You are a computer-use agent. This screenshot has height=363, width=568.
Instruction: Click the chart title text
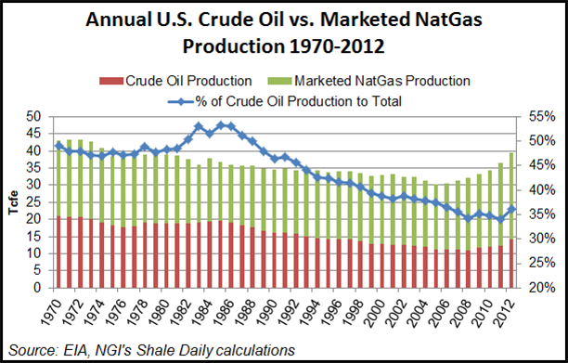point(284,32)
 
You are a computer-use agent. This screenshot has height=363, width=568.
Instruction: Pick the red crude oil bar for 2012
point(510,262)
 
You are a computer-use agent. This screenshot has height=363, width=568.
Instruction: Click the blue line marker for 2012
point(510,209)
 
